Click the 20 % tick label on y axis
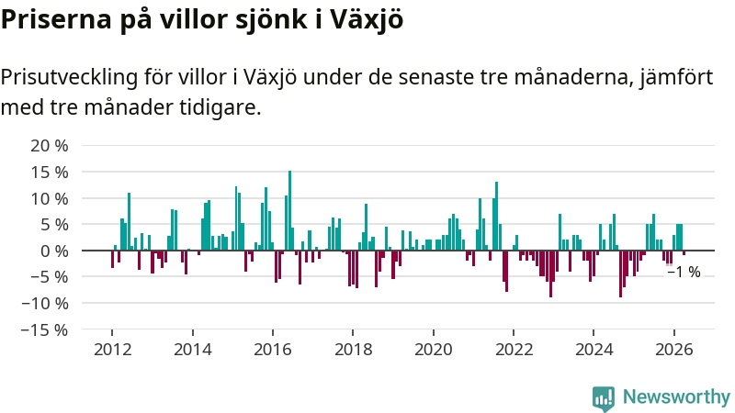[50, 146]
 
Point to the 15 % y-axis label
[50, 173]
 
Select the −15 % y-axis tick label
[44, 329]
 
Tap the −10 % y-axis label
[44, 304]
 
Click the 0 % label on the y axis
[54, 251]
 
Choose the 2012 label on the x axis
[112, 350]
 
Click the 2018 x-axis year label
[353, 350]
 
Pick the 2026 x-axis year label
[674, 350]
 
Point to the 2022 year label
[514, 350]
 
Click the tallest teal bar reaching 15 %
[289, 211]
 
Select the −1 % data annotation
[684, 272]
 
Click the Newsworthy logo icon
[604, 398]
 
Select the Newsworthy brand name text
[676, 396]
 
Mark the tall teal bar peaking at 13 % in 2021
[496, 217]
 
